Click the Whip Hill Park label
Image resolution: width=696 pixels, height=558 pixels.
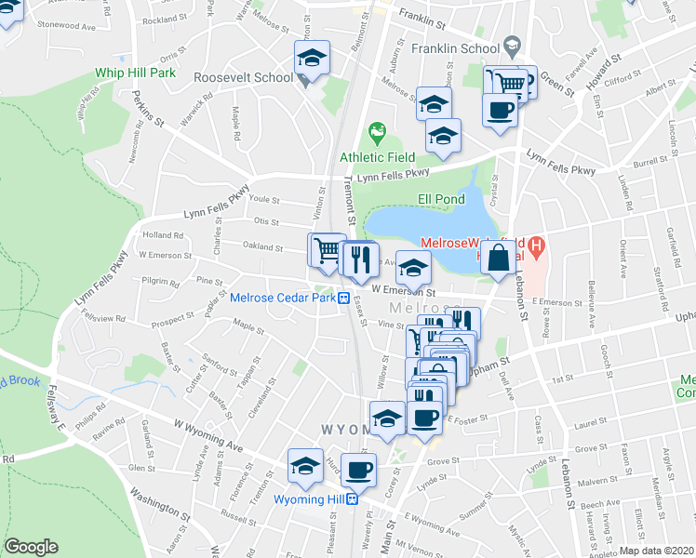tap(136, 73)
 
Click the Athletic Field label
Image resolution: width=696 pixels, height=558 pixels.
tap(377, 156)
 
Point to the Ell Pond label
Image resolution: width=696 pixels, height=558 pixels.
tap(437, 198)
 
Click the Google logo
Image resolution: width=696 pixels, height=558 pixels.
tap(31, 547)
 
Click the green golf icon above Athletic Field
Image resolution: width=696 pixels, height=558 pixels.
tap(378, 134)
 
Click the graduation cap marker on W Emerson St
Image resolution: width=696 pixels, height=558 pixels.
tap(414, 269)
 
